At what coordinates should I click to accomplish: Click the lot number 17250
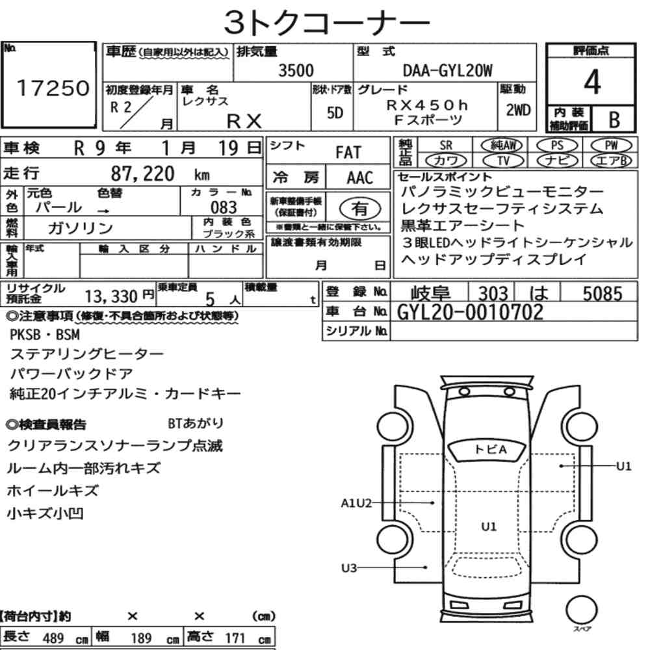point(53,88)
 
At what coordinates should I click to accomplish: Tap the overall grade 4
point(592,82)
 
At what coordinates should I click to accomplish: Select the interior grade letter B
point(614,120)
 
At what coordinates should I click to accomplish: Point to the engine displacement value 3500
point(296,70)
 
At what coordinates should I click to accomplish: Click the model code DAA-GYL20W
point(448,71)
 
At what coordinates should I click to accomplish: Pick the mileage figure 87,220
point(142,174)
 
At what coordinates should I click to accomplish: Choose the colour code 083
point(224,207)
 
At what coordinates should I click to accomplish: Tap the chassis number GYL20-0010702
point(470,312)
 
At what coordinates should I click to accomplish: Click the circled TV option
point(503,161)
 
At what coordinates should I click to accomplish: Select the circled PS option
point(557,145)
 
